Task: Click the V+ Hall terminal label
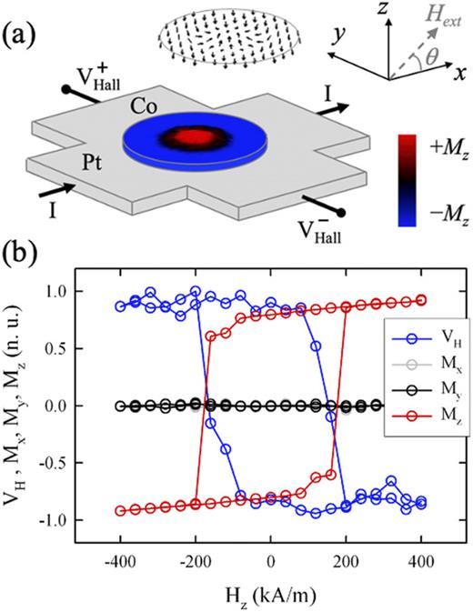click(101, 72)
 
